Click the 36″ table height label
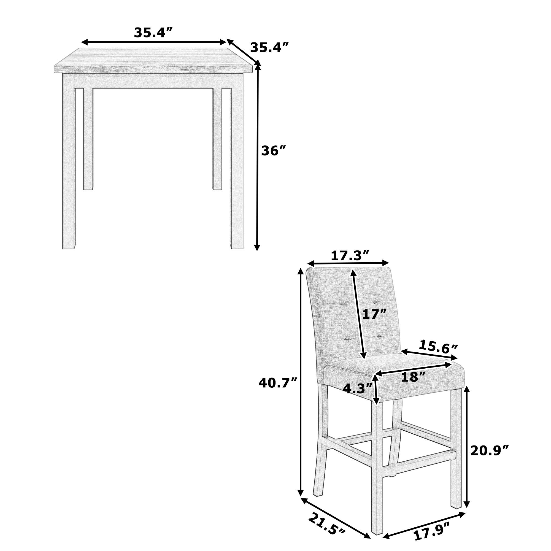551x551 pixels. tap(273, 151)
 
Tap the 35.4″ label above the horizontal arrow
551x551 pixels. tap(154, 33)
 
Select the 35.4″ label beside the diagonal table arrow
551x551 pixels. tap(269, 48)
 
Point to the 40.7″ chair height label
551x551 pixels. tap(278, 383)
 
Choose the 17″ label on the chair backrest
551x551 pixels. tap(374, 315)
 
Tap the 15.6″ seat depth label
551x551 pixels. tap(438, 347)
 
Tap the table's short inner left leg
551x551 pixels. tap(88, 140)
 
